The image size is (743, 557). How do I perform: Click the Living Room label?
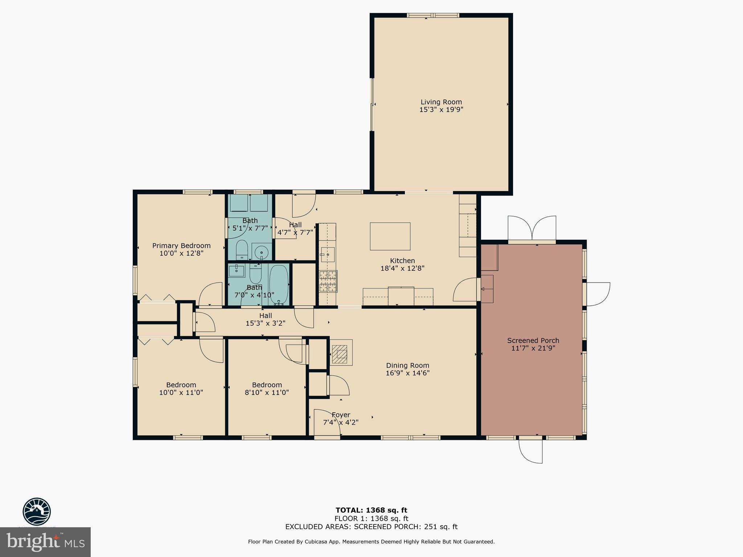pos(441,102)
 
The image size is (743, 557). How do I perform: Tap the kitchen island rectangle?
pos(390,236)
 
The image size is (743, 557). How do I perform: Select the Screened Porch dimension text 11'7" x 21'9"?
pos(533,348)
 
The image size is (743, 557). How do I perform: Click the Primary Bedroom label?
pos(181,246)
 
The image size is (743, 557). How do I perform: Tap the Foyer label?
pos(341,415)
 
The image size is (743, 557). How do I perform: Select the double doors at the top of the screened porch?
pos(532,228)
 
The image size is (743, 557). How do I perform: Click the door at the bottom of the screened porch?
pos(531,450)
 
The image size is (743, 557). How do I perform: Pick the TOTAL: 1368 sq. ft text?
pos(371,510)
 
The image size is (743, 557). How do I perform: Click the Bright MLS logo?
pos(45,542)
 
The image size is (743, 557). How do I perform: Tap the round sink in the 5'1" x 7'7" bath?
pos(261,251)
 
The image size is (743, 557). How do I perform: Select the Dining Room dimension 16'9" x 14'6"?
pos(407,373)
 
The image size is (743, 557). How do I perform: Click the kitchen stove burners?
pos(328,281)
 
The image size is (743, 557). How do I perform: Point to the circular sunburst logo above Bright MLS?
pos(37,511)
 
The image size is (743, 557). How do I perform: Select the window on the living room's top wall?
pos(433,15)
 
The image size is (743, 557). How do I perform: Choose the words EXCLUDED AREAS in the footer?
pos(318,527)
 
